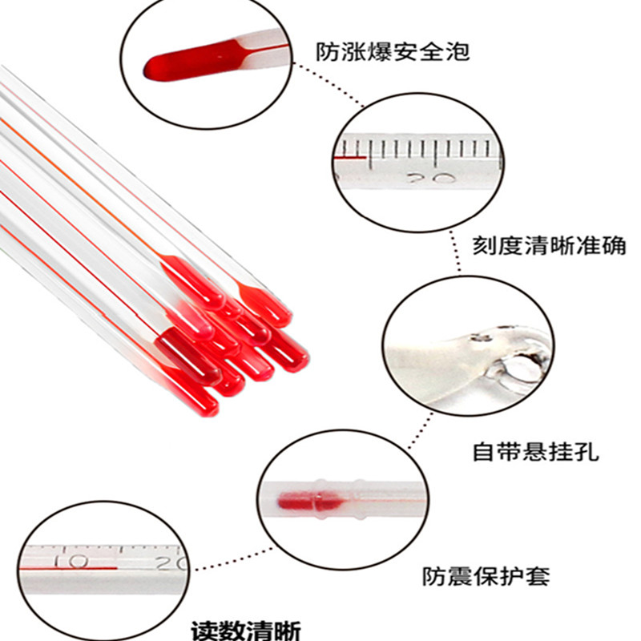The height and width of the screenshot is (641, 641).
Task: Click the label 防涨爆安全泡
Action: (392, 52)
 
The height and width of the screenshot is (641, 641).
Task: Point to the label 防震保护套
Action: (486, 575)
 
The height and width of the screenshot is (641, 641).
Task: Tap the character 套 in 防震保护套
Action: (538, 575)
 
